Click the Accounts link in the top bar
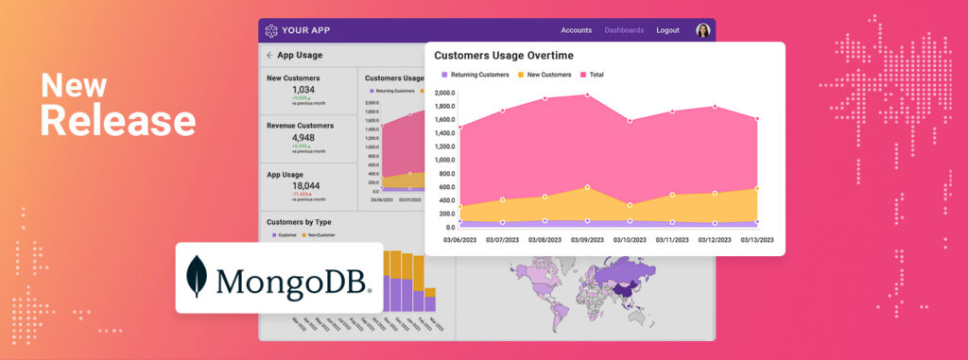coord(576,30)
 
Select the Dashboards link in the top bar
coord(624,30)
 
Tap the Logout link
coord(667,30)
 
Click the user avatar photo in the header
coord(702,30)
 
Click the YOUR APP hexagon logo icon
coord(271,30)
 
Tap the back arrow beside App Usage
coord(269,56)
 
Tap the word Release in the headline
coord(117,121)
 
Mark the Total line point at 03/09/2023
coord(588,94)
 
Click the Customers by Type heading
coord(304,222)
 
